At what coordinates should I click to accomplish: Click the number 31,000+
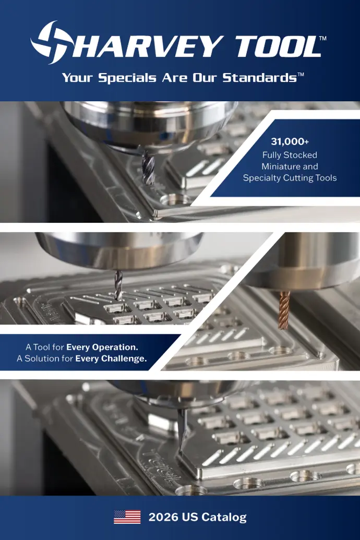(290, 141)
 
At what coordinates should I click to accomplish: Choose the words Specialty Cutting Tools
(290, 178)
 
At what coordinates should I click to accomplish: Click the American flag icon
(127, 517)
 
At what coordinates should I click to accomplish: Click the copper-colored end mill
(284, 310)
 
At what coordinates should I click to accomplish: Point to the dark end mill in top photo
(148, 166)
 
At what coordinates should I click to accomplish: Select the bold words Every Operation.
(102, 347)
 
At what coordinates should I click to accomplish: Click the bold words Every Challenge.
(111, 358)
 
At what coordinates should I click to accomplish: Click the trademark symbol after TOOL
(322, 39)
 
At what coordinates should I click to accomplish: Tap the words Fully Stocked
(290, 155)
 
